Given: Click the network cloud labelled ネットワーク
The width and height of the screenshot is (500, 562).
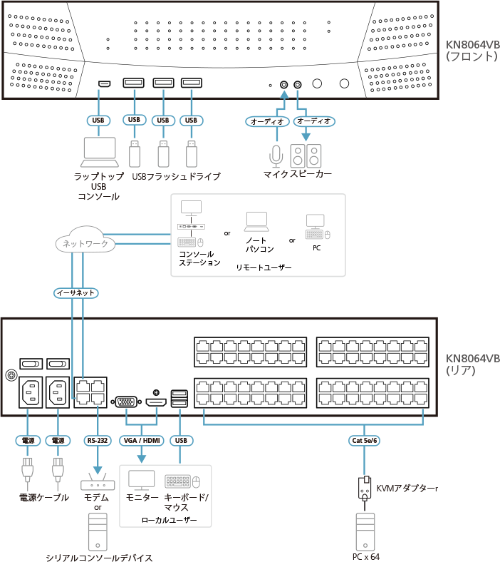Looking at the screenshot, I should point(85,243).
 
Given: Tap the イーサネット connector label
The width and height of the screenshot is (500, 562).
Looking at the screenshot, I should point(75,292).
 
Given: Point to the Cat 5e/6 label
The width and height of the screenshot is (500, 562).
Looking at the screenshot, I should point(365,440).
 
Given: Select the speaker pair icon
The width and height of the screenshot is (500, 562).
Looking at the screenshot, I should point(306,155).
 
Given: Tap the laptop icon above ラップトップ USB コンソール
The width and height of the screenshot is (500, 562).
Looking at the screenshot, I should point(98,150).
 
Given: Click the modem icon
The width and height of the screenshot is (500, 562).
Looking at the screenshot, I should point(98,480).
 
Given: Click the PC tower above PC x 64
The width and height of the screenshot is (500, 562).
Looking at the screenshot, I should point(365,531).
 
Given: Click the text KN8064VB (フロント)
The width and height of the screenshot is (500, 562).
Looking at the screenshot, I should point(472,50).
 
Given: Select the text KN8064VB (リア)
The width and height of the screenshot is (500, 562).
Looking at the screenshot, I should point(472,364).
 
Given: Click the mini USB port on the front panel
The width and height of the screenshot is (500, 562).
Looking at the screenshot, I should point(104,84).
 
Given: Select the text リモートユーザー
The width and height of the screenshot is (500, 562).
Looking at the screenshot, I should point(264,267).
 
